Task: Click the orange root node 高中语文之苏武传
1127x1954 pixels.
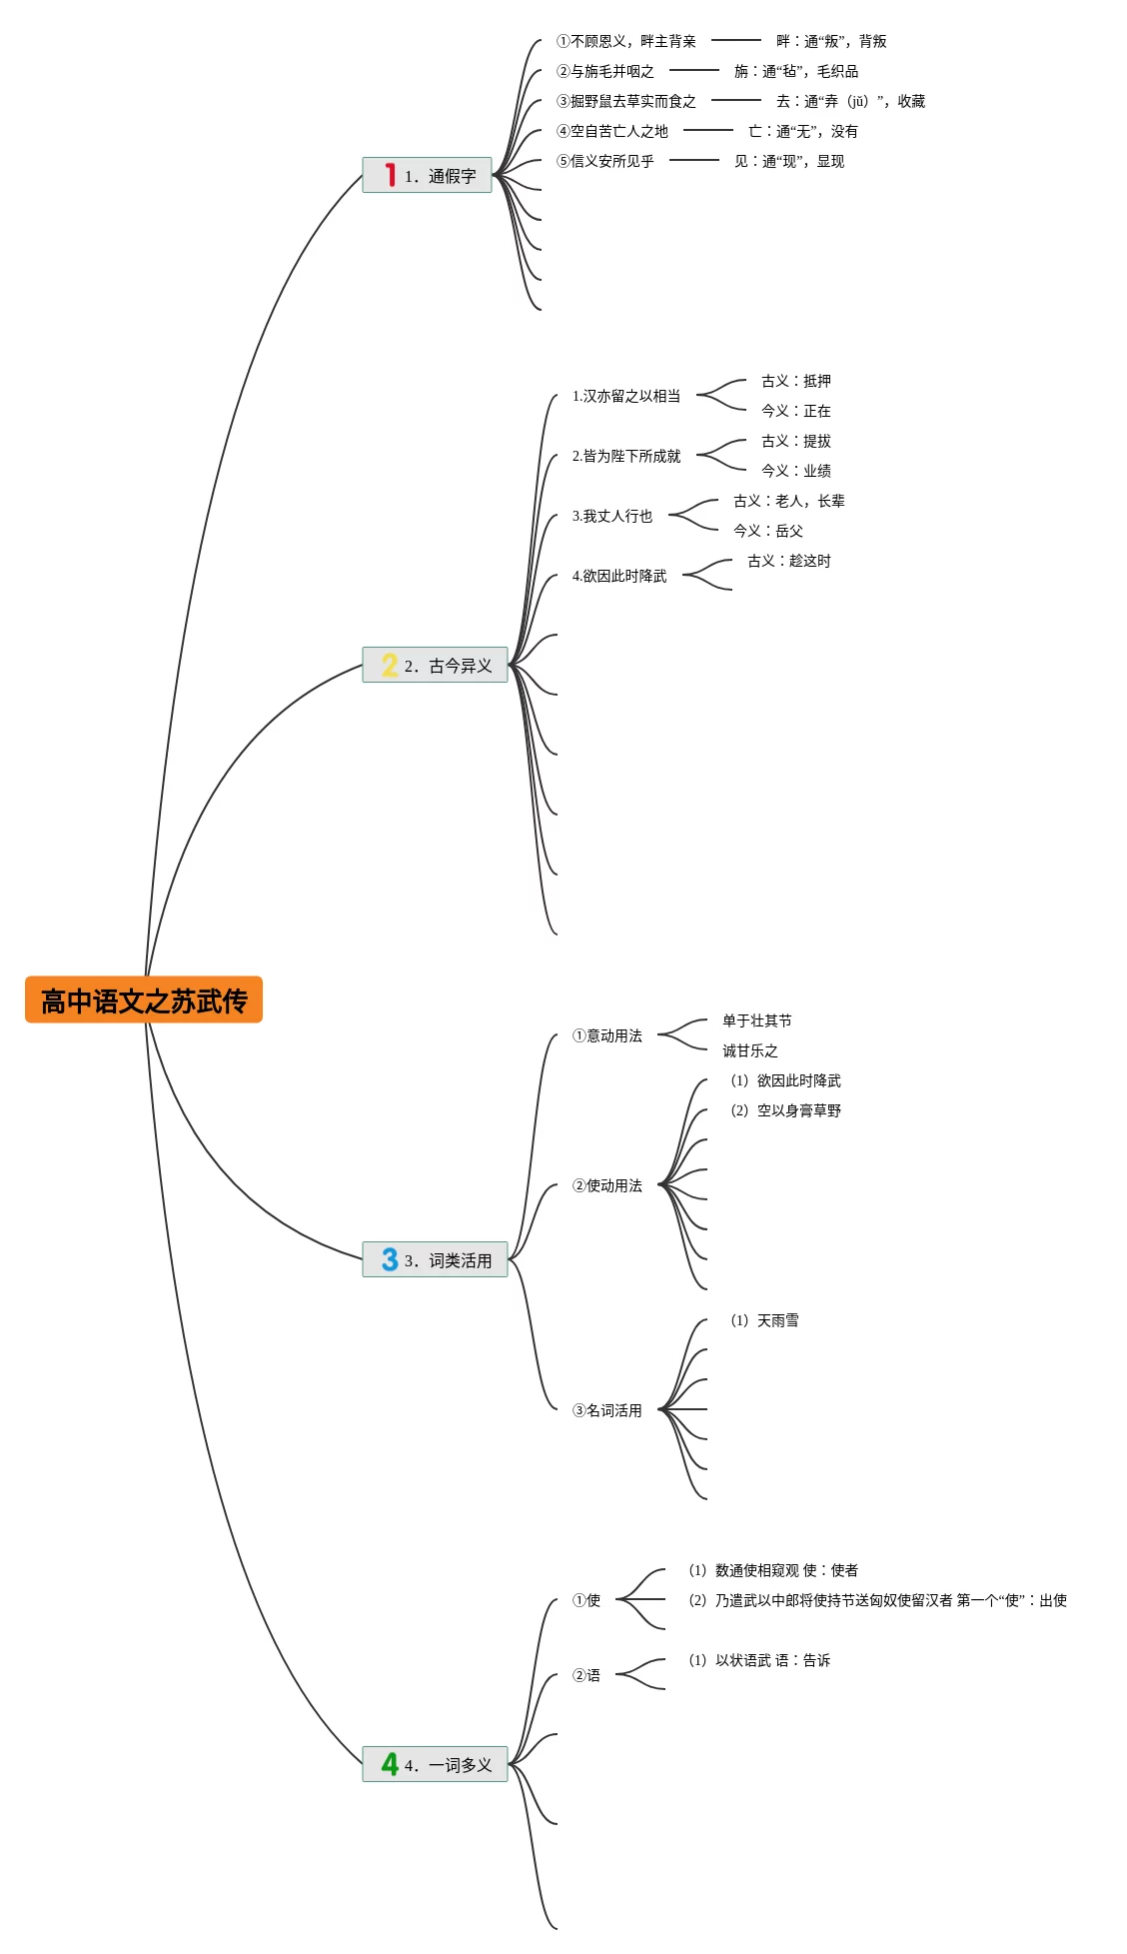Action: point(144,1000)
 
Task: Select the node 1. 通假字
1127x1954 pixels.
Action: point(440,176)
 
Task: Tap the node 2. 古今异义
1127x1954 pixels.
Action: point(448,666)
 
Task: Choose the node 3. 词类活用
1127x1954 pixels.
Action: point(448,1260)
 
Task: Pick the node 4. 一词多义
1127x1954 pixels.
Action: point(448,1765)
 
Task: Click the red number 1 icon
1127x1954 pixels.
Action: point(391,175)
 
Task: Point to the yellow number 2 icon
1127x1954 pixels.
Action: point(390,666)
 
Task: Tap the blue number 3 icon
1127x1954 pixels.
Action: point(390,1259)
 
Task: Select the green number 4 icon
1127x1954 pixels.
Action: point(390,1765)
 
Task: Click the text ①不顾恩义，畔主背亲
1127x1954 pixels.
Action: point(625,41)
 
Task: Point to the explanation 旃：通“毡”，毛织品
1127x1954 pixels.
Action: point(795,71)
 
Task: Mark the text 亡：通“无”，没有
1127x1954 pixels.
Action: point(802,131)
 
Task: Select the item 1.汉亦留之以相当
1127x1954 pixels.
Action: point(625,396)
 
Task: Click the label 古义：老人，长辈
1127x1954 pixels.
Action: point(788,501)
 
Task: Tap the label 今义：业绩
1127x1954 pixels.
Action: point(795,471)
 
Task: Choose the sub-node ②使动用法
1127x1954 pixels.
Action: point(606,1185)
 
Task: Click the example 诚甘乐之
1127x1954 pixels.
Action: point(749,1050)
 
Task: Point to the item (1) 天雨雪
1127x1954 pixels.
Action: point(764,1320)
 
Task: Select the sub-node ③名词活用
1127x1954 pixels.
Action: point(606,1410)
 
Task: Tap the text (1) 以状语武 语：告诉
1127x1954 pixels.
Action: point(759,1660)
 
